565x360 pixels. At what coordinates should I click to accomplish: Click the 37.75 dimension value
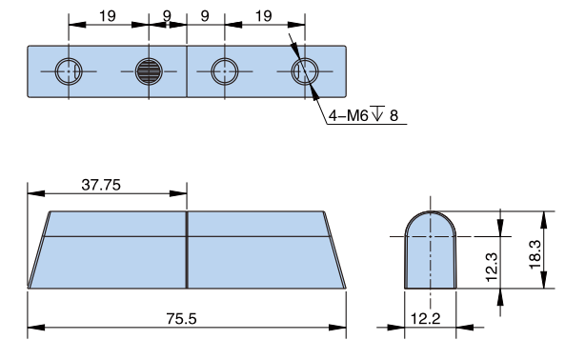tap(101, 185)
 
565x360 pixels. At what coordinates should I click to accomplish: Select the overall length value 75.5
tap(181, 319)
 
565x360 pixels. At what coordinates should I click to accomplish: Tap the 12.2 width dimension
tap(425, 319)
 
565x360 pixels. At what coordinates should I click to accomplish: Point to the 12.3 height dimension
tap(492, 267)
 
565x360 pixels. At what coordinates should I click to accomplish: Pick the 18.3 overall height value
tap(535, 254)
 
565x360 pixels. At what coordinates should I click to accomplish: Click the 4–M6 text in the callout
tap(348, 116)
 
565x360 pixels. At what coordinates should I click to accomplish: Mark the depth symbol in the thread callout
tap(377, 113)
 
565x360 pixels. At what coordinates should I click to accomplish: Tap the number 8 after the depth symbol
tap(393, 116)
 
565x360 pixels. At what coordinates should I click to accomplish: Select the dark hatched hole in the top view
tap(149, 71)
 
